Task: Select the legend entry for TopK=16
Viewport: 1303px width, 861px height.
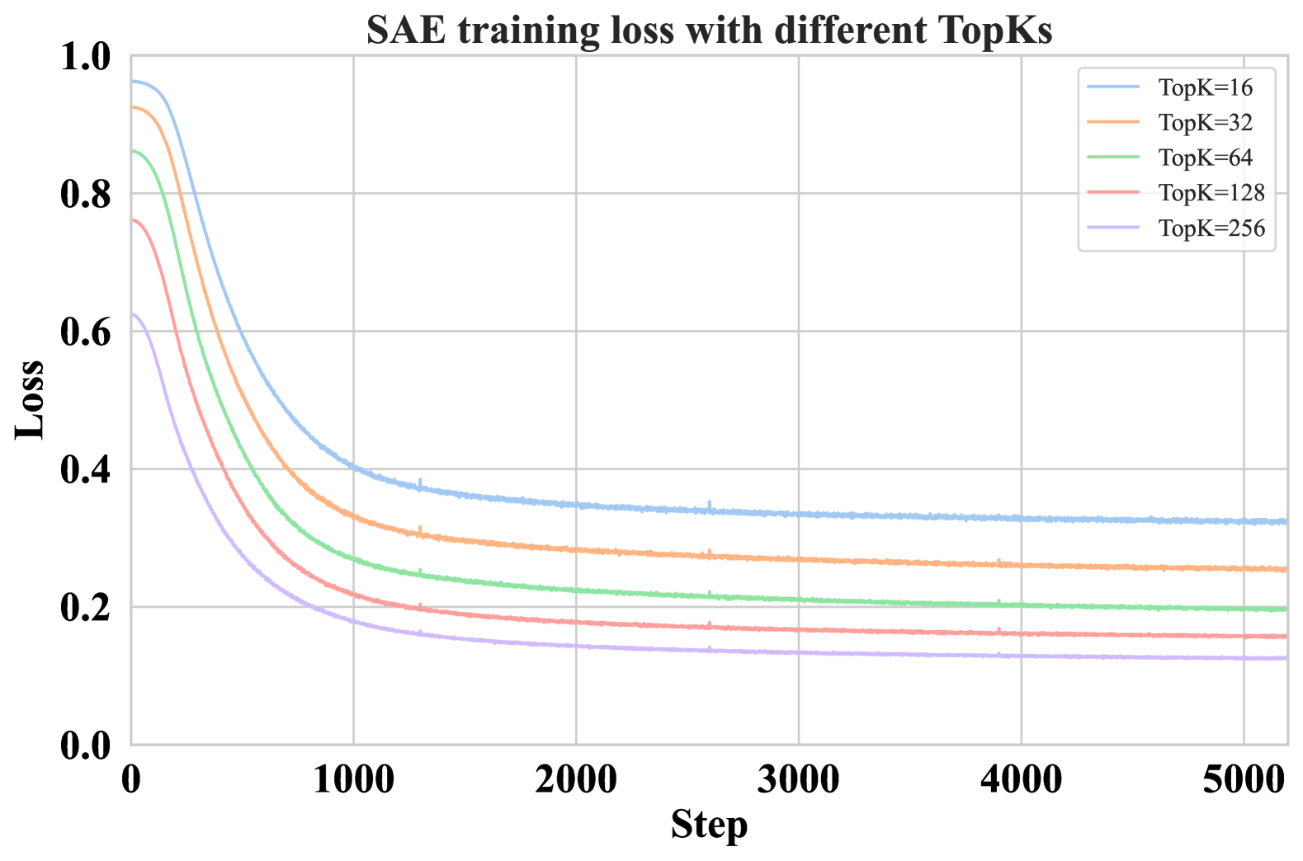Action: click(x=1205, y=87)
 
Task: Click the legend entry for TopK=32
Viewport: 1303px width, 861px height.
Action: click(x=1205, y=123)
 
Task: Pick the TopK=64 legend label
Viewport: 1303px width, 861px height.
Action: click(x=1205, y=158)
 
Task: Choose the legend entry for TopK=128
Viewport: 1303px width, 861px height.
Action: click(x=1211, y=193)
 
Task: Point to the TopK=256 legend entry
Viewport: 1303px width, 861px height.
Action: click(x=1211, y=228)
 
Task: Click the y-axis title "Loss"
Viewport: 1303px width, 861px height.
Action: click(x=31, y=399)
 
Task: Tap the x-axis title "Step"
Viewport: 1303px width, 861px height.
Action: click(x=709, y=825)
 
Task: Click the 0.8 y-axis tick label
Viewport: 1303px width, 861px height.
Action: click(x=86, y=195)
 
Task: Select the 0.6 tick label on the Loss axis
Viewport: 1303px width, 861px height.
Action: click(x=86, y=332)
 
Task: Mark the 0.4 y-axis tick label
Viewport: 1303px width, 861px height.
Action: click(x=86, y=470)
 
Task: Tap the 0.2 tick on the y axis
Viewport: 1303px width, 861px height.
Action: click(x=86, y=608)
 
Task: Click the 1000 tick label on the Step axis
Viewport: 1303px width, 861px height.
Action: click(x=353, y=779)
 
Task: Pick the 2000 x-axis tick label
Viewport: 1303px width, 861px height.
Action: click(x=576, y=779)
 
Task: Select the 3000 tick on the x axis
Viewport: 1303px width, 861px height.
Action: click(x=798, y=779)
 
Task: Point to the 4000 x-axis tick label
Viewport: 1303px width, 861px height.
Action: click(x=1021, y=779)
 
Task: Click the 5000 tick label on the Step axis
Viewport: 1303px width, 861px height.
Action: click(x=1243, y=779)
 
